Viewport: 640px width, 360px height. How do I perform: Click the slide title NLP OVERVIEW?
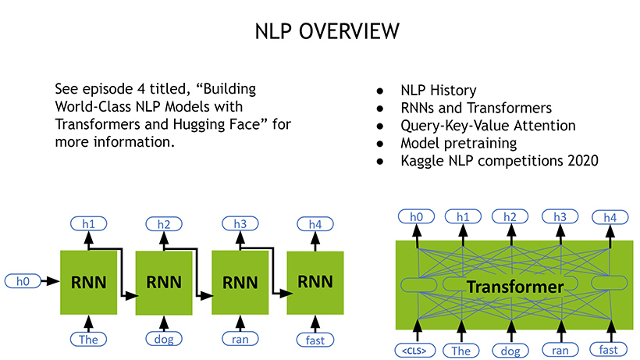tap(328, 30)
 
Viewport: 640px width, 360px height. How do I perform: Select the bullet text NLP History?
tap(439, 91)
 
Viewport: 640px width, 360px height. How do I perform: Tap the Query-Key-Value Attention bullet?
tap(488, 126)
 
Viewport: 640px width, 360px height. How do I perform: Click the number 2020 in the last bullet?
tap(578, 162)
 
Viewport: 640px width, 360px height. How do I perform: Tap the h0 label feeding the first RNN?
tap(23, 280)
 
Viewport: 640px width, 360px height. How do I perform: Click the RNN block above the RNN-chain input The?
tap(88, 282)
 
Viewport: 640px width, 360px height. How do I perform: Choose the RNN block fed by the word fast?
tap(315, 282)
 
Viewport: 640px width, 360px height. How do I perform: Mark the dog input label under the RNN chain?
tap(164, 339)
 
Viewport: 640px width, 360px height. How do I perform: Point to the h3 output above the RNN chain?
tap(240, 224)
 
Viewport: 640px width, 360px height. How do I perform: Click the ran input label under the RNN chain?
tap(240, 339)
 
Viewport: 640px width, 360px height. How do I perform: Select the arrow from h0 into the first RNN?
tap(50, 280)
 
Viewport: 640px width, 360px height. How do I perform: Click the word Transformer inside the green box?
tap(514, 287)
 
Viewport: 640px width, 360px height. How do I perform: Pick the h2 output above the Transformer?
tap(510, 216)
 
